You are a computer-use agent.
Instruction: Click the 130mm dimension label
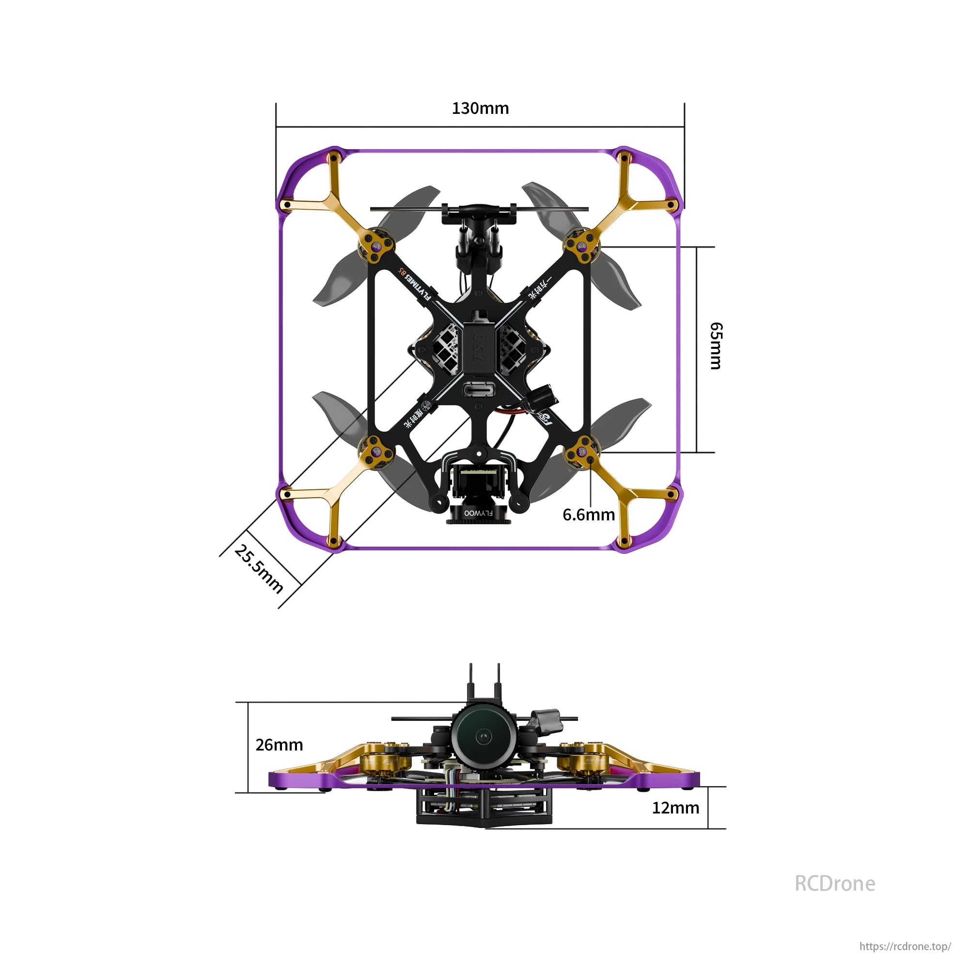(x=480, y=109)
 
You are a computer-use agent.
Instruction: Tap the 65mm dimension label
(x=716, y=345)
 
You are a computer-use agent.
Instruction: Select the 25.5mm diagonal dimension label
(x=259, y=569)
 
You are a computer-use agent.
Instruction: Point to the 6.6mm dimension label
(x=588, y=515)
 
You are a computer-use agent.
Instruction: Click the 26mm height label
(x=279, y=745)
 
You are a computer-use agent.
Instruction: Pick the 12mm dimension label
(x=675, y=808)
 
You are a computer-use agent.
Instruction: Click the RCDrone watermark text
(x=835, y=884)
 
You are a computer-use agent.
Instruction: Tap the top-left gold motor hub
(x=376, y=246)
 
